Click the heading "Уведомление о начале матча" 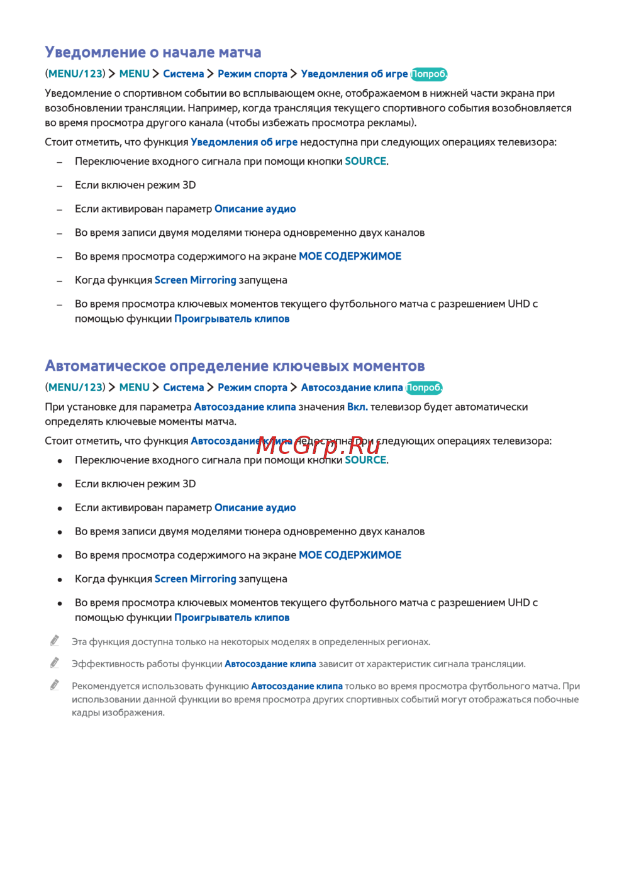[x=153, y=52]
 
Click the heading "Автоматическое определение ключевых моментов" [x=235, y=366]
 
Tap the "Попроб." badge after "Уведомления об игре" [x=429, y=74]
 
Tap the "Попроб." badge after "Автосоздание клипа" [x=424, y=388]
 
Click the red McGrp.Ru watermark [x=318, y=446]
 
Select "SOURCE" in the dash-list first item [x=365, y=162]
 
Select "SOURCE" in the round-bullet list [x=365, y=460]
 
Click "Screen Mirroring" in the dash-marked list [x=195, y=280]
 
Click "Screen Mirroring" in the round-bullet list [x=195, y=579]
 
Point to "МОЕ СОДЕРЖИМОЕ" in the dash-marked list [x=350, y=257]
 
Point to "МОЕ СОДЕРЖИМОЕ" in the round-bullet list [x=350, y=555]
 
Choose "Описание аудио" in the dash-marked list [x=255, y=209]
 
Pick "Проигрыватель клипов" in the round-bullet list [x=231, y=618]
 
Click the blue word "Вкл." [x=357, y=407]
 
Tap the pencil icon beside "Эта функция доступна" [x=55, y=641]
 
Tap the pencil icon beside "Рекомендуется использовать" [x=55, y=685]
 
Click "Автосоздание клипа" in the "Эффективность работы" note [x=270, y=664]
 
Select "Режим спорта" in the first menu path [x=252, y=74]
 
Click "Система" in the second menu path [x=183, y=388]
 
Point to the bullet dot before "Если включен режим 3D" [x=60, y=485]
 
